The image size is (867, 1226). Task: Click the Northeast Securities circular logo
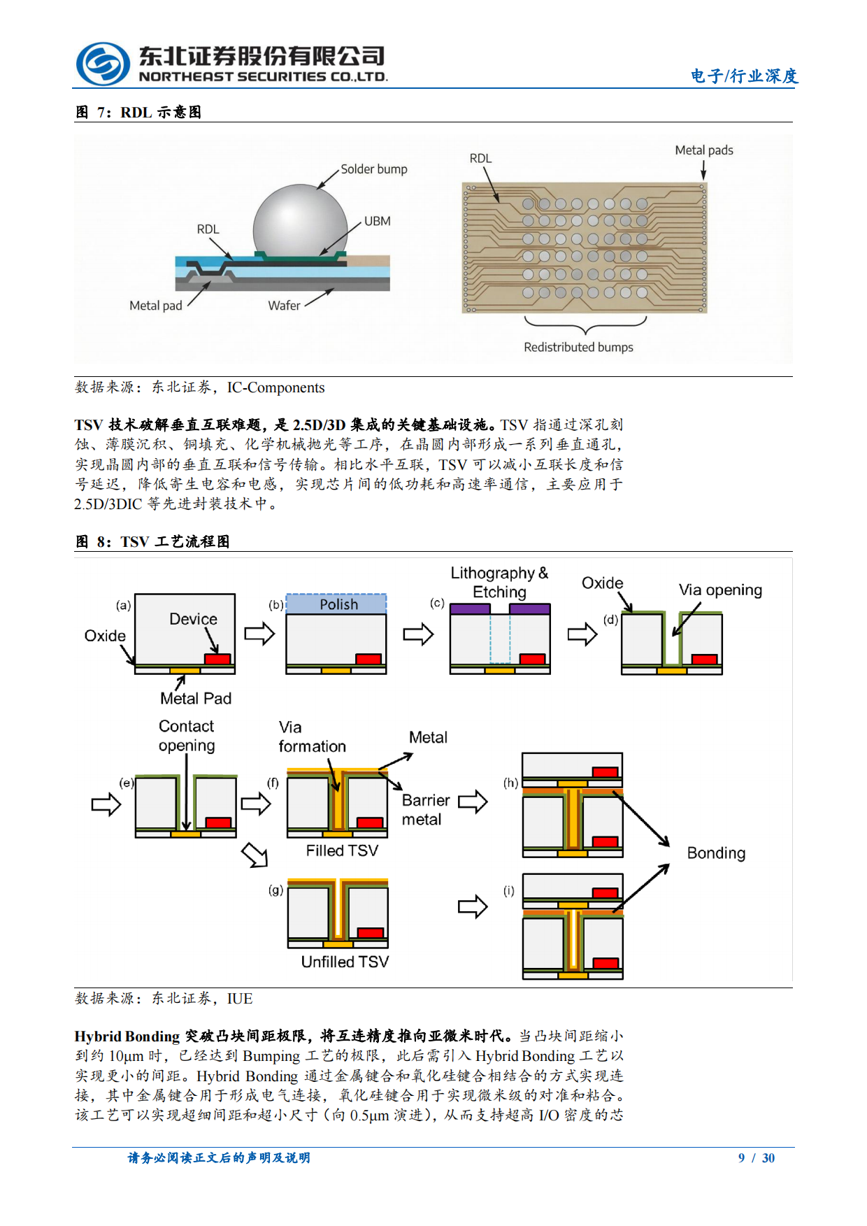103,64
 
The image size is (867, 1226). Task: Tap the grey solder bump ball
300,220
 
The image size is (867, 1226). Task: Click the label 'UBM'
377,221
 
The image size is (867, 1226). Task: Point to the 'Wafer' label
284,306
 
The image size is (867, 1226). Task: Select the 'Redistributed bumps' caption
578,347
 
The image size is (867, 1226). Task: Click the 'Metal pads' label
703,150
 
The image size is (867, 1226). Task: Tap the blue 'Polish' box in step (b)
336,604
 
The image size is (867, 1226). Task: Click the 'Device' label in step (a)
193,619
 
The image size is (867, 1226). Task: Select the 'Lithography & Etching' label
499,582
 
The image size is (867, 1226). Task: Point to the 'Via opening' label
720,590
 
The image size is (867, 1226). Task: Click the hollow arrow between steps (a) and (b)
259,634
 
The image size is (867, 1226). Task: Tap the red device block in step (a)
217,659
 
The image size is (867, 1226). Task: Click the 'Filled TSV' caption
342,850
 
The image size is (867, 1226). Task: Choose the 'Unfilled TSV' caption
345,962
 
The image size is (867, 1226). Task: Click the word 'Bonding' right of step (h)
716,853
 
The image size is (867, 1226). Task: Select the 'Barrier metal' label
425,810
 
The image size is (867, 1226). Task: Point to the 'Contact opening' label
187,736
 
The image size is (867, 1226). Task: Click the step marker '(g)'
275,890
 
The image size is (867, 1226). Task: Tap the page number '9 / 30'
756,1157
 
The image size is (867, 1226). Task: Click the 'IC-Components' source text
275,387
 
